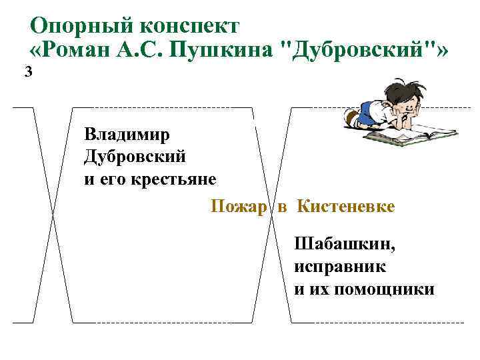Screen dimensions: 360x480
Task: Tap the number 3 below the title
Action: (27, 73)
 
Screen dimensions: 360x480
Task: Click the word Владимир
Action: (127, 135)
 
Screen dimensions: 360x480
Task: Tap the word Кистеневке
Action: (346, 207)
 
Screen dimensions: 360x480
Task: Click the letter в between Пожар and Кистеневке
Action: (282, 207)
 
